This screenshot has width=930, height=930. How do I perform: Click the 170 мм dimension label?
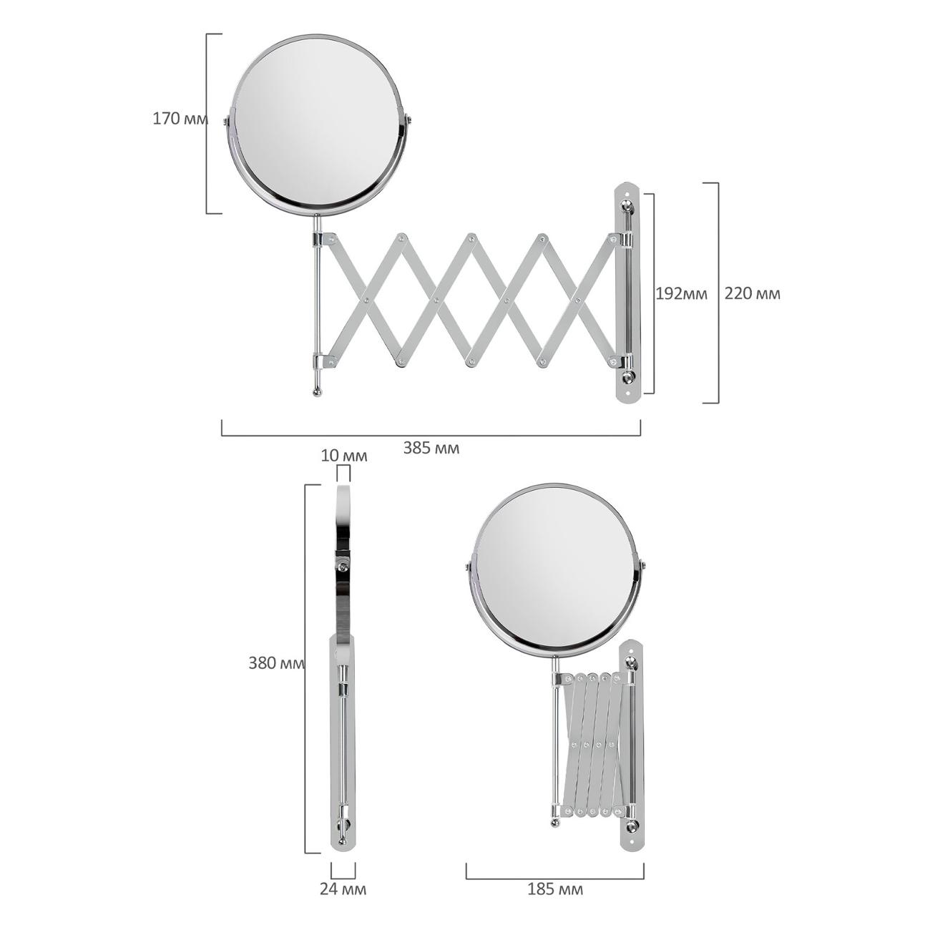180,119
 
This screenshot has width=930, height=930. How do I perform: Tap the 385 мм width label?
431,449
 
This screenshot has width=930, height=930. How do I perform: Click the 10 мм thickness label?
344,456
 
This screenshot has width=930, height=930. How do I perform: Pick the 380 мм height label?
277,664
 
